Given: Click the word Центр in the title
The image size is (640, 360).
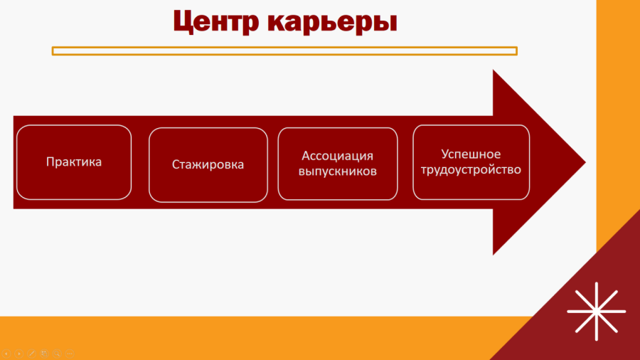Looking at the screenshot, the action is (x=216, y=21).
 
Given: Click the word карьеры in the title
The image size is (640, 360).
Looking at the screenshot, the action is (x=333, y=23).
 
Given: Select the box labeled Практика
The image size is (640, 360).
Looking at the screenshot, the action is (x=74, y=162).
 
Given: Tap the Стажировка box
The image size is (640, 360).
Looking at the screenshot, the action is (x=208, y=164).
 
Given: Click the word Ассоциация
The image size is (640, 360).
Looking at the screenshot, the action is (x=338, y=156).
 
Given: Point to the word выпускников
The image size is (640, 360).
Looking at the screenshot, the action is (x=338, y=171).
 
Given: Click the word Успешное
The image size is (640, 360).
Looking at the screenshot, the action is (x=471, y=154).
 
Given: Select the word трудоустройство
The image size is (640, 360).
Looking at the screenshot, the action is (x=471, y=169).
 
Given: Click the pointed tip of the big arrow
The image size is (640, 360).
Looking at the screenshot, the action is (x=585, y=162).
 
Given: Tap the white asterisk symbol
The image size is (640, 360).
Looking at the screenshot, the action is (x=597, y=312).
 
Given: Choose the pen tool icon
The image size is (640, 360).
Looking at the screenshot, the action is (x=32, y=354).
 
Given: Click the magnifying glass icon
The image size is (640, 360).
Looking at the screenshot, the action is (x=57, y=354).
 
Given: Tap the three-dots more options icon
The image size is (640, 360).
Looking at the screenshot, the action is (x=70, y=354).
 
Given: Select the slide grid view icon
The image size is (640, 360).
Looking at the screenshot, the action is (x=44, y=354).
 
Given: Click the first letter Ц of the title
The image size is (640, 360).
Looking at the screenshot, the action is (x=183, y=21).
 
